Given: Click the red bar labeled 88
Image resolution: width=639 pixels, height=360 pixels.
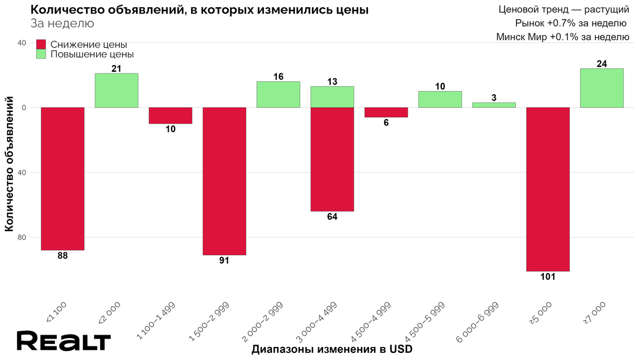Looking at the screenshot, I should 62,178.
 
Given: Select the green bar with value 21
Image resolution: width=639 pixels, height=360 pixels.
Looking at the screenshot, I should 117,91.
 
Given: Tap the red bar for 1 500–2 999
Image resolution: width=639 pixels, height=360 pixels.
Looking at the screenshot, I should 224,181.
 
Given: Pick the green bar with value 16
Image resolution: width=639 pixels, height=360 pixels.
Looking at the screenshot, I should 278,95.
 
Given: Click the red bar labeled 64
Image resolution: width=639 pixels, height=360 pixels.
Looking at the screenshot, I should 332,159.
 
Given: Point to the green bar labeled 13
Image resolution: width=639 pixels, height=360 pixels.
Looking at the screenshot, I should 332,97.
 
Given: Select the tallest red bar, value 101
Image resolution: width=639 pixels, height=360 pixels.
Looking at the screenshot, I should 548,189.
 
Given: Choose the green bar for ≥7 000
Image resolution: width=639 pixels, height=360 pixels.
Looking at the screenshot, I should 602,88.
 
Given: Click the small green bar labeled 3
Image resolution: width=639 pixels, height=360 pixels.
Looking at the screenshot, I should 494,105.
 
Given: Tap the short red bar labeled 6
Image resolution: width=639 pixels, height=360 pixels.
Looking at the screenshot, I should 386,112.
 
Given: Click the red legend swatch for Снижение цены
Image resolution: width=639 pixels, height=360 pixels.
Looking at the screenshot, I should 41,44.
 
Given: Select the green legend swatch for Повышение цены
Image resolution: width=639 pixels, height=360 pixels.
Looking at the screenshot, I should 41,54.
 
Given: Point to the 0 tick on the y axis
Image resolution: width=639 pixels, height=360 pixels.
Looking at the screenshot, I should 25,108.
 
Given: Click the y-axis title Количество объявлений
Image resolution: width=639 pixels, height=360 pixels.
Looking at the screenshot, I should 9,166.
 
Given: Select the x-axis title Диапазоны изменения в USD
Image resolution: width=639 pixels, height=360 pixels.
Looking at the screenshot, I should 332,349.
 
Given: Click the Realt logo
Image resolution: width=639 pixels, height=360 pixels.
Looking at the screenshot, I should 63,342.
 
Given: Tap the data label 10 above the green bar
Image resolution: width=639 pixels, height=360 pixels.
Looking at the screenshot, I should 440,86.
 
